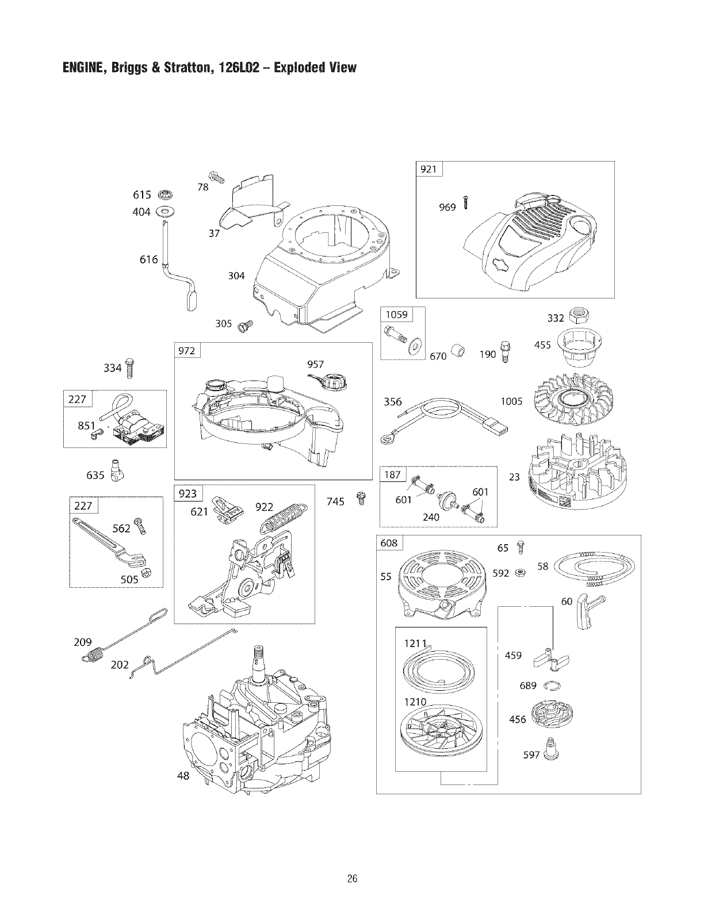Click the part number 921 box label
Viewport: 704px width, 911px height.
tap(428, 169)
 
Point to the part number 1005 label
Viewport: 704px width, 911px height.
tap(511, 401)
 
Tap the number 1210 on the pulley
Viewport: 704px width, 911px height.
tap(415, 702)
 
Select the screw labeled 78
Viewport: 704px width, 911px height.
tap(216, 177)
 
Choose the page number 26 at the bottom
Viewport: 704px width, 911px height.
tap(352, 878)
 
